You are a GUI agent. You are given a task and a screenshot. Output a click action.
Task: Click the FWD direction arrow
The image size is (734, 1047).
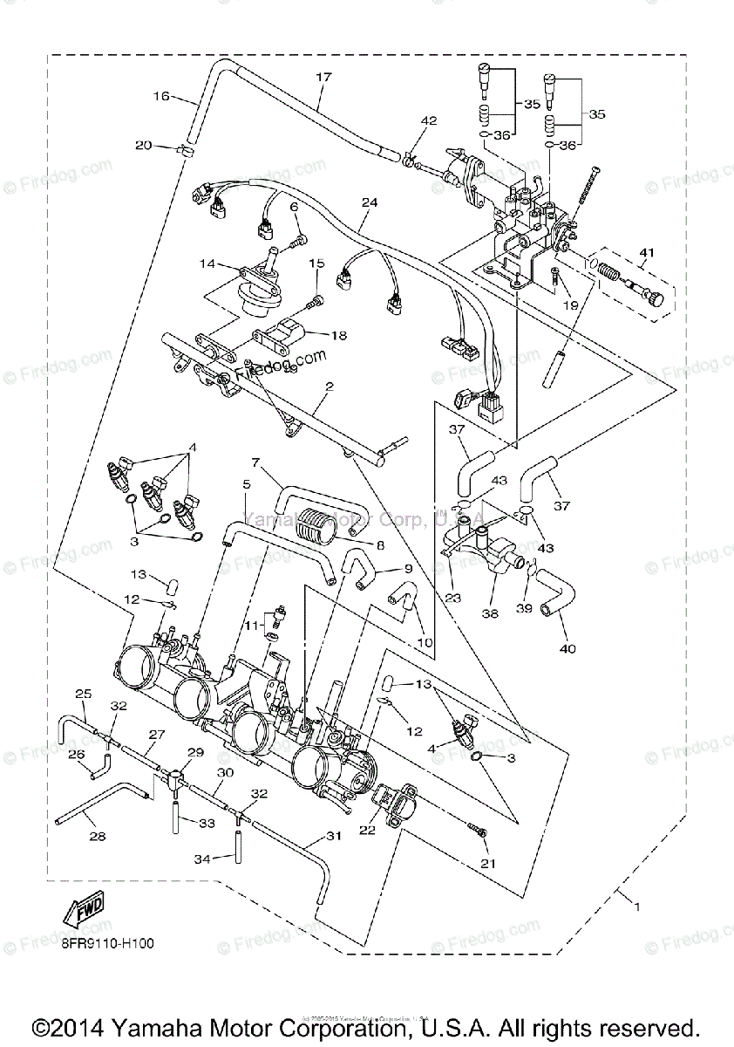pos(83,912)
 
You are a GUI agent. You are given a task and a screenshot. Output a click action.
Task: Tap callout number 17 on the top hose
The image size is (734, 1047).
pos(324,78)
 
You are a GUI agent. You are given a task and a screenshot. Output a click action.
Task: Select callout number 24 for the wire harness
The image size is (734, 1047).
pos(370,203)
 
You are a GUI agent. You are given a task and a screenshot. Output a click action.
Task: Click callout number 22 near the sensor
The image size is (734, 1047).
pos(367,830)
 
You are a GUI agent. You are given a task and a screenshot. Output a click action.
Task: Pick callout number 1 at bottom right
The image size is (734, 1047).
pos(637,907)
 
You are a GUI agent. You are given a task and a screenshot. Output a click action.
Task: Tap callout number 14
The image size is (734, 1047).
pos(207,263)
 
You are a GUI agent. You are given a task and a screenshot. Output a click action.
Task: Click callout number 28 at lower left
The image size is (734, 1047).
pos(98,837)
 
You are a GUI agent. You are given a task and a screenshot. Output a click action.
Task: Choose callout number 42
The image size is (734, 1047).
pos(429,120)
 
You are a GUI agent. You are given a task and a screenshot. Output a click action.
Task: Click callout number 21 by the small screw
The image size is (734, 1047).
pos(486,864)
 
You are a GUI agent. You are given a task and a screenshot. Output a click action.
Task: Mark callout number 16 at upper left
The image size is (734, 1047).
pos(161,96)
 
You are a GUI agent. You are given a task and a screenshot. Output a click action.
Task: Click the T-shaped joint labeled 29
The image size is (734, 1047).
pos(176,774)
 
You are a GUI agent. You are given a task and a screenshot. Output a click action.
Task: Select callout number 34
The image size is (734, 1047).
pos(202,859)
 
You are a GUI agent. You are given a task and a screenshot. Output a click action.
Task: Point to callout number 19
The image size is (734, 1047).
pos(570,305)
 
